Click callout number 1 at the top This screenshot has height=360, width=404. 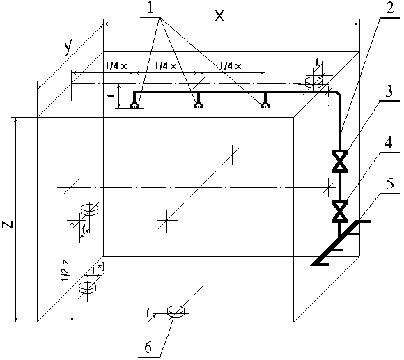(150, 8)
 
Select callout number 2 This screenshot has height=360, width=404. (390, 8)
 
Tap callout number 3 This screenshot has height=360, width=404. (389, 91)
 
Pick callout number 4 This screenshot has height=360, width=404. (389, 143)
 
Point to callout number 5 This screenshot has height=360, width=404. (390, 184)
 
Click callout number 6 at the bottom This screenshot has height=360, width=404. (148, 347)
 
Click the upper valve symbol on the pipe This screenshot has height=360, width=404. (340, 161)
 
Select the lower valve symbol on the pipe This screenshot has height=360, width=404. (340, 211)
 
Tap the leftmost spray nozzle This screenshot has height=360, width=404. (134, 105)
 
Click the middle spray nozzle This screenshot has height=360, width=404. (198, 105)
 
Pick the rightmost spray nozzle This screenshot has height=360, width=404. (265, 105)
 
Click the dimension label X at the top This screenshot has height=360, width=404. (219, 16)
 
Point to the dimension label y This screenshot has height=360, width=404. (68, 47)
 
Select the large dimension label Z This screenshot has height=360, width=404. (8, 224)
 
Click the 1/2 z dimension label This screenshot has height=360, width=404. (65, 270)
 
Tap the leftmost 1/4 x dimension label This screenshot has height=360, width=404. (116, 66)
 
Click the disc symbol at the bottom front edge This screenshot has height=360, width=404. (176, 311)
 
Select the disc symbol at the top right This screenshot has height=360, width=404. (313, 82)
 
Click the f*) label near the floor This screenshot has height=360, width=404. (98, 269)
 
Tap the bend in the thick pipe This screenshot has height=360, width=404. (338, 94)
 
